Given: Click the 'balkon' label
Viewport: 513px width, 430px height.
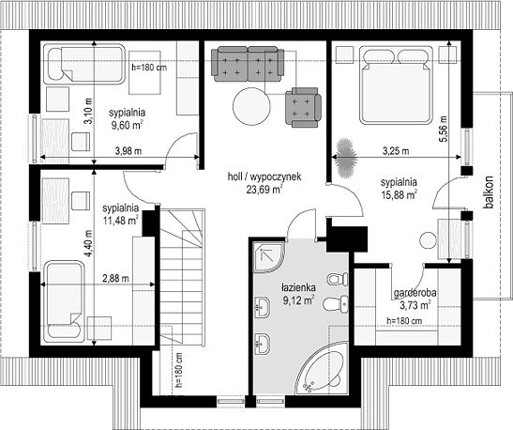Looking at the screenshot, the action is pyautogui.click(x=490, y=192).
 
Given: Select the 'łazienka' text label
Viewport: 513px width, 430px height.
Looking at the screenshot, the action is pyautogui.click(x=298, y=288).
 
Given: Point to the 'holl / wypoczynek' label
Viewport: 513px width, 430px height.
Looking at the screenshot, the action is pyautogui.click(x=264, y=177).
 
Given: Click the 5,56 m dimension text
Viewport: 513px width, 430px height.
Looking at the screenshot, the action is pyautogui.click(x=444, y=129).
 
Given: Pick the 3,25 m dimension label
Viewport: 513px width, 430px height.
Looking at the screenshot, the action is pyautogui.click(x=396, y=151).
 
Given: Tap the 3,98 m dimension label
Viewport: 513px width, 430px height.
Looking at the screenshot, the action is pyautogui.click(x=128, y=151).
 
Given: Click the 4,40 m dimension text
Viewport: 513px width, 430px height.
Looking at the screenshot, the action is pyautogui.click(x=88, y=244).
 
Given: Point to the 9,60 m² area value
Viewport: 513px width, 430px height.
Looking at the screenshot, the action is pyautogui.click(x=128, y=125).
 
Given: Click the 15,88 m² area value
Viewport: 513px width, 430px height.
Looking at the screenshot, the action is pyautogui.click(x=399, y=194).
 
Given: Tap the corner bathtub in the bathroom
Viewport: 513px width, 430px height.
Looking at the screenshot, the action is pyautogui.click(x=322, y=368).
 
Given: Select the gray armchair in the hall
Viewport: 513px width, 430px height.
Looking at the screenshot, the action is pyautogui.click(x=303, y=107).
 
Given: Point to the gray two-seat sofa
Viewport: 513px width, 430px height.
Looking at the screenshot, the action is pyautogui.click(x=248, y=64).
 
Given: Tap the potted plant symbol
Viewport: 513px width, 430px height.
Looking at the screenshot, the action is pyautogui.click(x=345, y=158).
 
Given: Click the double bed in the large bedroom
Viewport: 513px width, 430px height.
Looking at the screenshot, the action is pyautogui.click(x=396, y=84).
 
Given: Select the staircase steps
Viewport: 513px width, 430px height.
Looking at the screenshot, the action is pyautogui.click(x=182, y=277).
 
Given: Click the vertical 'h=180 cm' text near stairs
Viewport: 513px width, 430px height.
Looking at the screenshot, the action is pyautogui.click(x=178, y=370).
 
